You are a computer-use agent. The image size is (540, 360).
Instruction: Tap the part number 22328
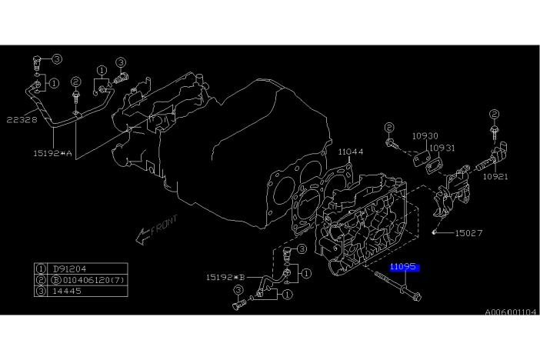coord(22,120)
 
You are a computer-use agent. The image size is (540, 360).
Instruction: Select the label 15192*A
coord(52,153)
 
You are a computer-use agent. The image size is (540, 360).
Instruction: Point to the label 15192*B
coord(225,277)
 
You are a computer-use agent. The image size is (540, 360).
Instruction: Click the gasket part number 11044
coord(350,152)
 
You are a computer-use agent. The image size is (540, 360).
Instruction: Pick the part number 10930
coord(425,136)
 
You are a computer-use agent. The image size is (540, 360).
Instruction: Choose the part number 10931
coord(442,148)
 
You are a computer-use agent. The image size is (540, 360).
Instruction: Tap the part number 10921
coord(495,176)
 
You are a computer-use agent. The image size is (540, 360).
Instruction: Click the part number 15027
coord(468,233)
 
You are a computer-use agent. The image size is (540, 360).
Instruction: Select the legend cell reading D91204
coord(69,268)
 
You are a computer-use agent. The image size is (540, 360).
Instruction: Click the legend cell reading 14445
coord(67,291)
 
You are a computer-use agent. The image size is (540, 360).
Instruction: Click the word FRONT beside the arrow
coord(164,225)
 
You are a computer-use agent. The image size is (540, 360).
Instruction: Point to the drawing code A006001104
coord(510,312)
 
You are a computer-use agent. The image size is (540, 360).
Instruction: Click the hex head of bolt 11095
coord(416,296)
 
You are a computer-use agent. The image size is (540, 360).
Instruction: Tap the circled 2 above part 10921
coord(494,114)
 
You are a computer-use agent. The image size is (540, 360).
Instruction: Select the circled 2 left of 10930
coord(388,128)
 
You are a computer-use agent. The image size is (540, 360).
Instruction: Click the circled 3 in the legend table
coord(41,291)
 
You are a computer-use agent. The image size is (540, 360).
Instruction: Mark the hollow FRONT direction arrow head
coord(142,237)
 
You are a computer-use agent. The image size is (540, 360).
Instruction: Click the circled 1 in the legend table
coord(41,268)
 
